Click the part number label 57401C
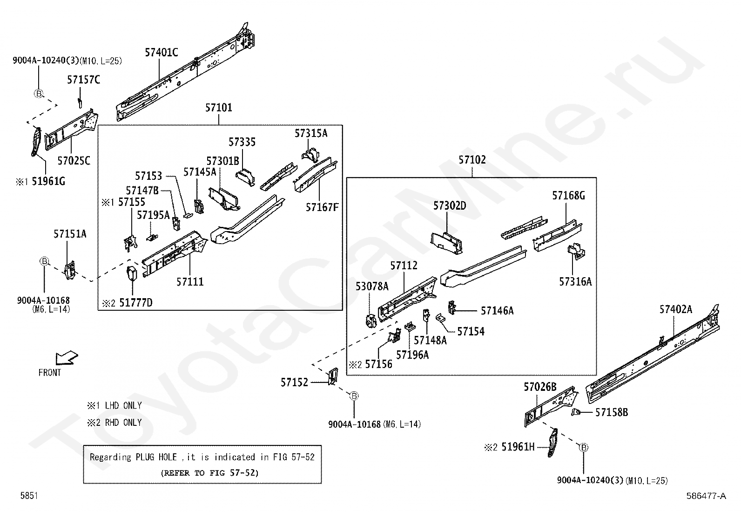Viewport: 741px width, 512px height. coord(161,53)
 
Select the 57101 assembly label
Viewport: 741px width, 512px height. coord(218,108)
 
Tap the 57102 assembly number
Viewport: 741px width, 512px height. coord(472,160)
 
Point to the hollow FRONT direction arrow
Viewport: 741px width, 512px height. coord(67,358)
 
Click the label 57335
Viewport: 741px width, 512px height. coord(242,142)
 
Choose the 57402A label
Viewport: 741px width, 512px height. coord(675,309)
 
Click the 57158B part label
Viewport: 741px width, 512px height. coord(612,412)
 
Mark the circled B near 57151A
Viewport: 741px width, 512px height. coord(44,261)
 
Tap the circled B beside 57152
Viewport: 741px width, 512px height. coord(354,396)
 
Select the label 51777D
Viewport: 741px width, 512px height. coord(135,303)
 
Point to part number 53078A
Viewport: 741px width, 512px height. coord(372,287)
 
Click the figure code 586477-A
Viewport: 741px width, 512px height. coord(706,496)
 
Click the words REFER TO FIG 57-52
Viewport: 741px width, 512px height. coord(209,473)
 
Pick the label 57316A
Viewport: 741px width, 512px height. coord(575,282)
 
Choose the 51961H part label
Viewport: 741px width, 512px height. coord(518,447)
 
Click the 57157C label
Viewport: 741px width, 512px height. coord(83,80)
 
